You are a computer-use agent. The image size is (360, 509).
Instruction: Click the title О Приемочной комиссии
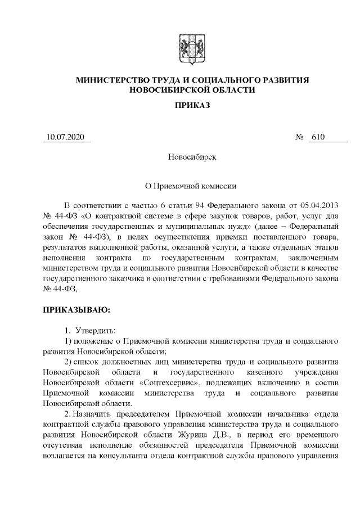click(192, 185)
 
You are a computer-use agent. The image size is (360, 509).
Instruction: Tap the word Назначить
click(92, 414)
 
